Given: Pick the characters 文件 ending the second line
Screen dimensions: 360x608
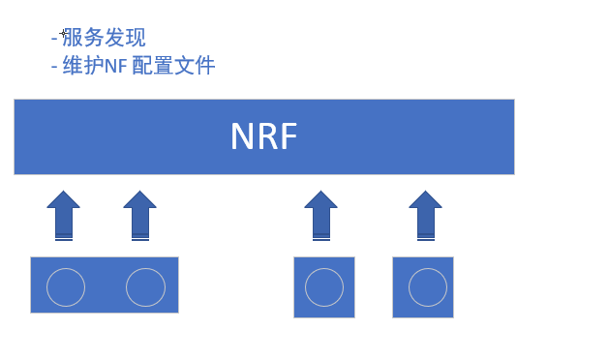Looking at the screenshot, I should [194, 66].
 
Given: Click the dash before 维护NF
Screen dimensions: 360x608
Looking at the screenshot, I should [53, 67].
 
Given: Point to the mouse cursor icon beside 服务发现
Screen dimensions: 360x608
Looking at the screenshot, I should [64, 35].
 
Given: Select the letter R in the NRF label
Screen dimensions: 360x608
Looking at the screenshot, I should [265, 136].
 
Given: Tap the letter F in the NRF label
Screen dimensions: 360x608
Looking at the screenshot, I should [286, 136].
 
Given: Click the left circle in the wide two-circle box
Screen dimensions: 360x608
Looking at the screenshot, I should [66, 286].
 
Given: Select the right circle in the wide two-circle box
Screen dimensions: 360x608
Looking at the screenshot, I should [145, 286].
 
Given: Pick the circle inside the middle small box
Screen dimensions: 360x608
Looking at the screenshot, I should [323, 287].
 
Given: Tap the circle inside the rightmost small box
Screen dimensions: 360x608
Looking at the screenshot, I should [427, 287].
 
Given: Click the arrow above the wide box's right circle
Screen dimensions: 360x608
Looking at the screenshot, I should [140, 214].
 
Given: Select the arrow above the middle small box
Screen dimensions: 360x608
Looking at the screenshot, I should [320, 214].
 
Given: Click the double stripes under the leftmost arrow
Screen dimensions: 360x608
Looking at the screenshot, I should [64, 236].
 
